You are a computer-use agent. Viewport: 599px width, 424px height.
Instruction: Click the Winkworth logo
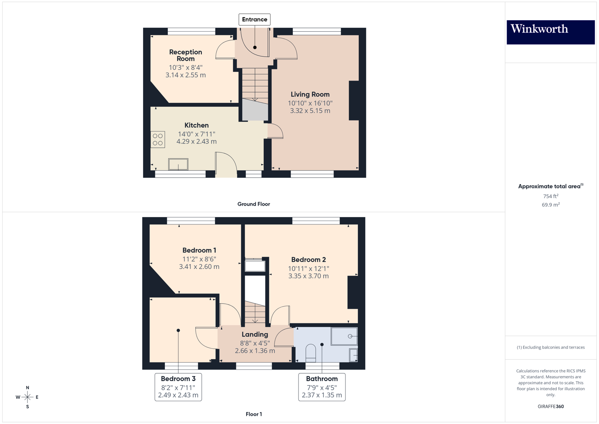pyautogui.click(x=550, y=32)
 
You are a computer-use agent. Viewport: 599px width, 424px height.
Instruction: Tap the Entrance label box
pyautogui.click(x=254, y=19)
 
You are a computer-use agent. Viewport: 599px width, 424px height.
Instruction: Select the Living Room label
pyautogui.click(x=310, y=95)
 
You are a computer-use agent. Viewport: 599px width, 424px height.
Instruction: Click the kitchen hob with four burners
pyautogui.click(x=158, y=140)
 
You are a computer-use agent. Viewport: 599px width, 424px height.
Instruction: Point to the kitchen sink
pyautogui.click(x=178, y=164)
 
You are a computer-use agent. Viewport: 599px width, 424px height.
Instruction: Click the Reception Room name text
pyautogui.click(x=185, y=55)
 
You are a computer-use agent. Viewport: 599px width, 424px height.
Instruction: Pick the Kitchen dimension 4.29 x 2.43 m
pyautogui.click(x=197, y=141)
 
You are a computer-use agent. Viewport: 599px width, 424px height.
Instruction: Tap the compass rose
pyautogui.click(x=27, y=397)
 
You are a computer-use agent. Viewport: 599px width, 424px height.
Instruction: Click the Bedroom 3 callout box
pyautogui.click(x=178, y=387)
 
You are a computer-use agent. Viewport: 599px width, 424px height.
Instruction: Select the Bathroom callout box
pyautogui.click(x=322, y=387)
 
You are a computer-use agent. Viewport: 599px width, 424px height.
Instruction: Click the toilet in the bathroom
pyautogui.click(x=311, y=353)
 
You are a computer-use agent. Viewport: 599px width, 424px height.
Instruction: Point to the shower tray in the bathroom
pyautogui.click(x=344, y=336)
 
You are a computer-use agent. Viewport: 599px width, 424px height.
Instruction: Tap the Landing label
pyautogui.click(x=255, y=334)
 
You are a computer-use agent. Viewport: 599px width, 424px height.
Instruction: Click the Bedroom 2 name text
pyautogui.click(x=308, y=260)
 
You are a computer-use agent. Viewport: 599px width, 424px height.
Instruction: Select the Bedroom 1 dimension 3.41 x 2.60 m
pyautogui.click(x=199, y=266)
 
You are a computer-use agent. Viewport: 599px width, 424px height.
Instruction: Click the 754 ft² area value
pyautogui.click(x=551, y=196)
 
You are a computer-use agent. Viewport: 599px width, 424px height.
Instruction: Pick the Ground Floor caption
pyautogui.click(x=253, y=204)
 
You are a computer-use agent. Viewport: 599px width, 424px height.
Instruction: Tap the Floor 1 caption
pyautogui.click(x=253, y=414)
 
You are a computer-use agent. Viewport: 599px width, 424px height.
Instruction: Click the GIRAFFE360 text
pyautogui.click(x=551, y=406)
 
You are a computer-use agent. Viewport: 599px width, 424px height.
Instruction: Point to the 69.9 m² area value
pyautogui.click(x=551, y=205)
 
